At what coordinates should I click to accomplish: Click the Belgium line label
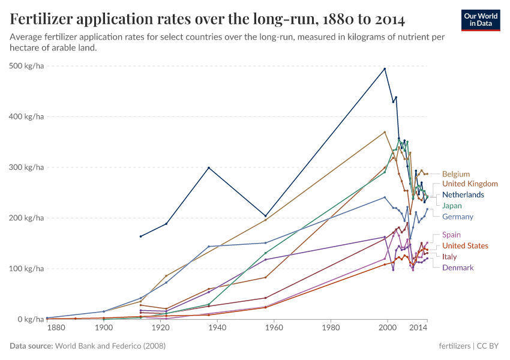455,174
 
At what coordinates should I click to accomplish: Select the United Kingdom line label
470,184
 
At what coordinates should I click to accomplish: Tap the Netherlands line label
463,195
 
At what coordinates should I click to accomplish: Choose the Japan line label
452,206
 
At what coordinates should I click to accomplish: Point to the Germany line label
458,217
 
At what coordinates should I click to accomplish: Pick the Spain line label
451,235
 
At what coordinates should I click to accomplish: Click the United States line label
465,245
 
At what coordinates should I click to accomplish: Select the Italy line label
449,257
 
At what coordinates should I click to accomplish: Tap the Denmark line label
458,268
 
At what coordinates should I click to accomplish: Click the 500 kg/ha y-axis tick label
28,66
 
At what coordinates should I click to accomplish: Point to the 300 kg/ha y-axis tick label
28,167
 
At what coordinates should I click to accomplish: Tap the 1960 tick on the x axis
274,328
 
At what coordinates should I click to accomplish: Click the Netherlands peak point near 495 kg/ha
385,68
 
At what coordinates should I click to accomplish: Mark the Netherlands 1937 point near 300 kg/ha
209,167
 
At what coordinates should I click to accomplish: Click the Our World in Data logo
481,19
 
